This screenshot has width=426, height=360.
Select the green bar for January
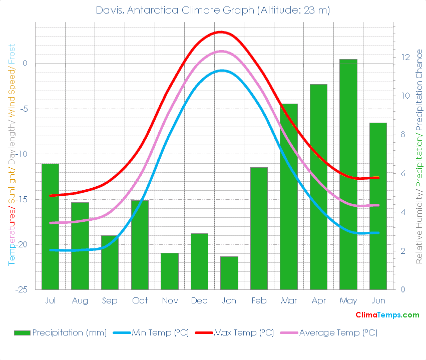229,273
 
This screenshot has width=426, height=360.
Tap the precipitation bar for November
169,271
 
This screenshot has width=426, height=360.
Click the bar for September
110,262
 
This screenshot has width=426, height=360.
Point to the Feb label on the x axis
259,300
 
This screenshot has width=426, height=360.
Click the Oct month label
140,300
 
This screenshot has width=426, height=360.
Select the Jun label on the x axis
378,300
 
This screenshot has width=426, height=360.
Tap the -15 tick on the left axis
26,199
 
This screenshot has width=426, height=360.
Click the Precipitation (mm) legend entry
60,332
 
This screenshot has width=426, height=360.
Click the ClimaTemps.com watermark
387,315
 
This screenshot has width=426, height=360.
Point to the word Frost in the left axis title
11,56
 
